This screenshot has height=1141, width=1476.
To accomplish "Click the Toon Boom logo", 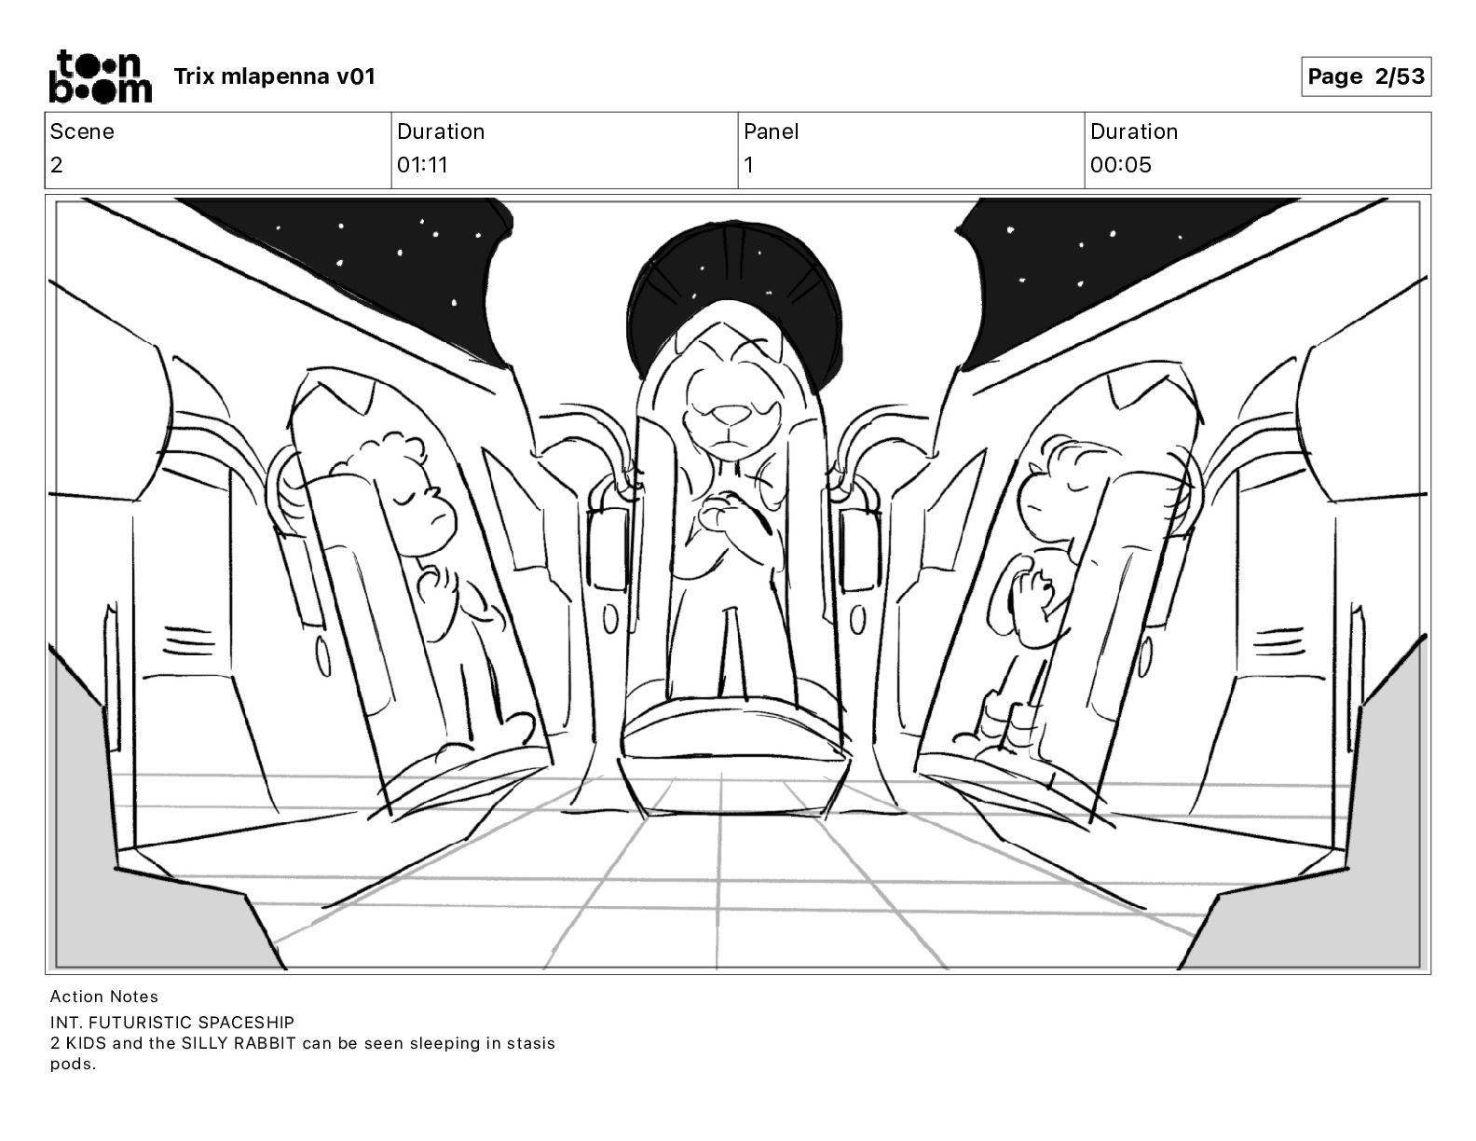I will (100, 76).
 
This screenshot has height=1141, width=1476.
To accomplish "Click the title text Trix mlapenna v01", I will (274, 76).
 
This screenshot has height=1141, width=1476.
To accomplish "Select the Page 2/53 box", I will (1365, 76).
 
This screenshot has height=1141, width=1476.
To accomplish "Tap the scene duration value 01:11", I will (422, 165).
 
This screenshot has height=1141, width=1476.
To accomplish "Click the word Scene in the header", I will (82, 131).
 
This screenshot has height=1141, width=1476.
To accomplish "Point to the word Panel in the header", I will (771, 131).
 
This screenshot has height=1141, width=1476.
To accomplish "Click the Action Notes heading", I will (104, 997).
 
